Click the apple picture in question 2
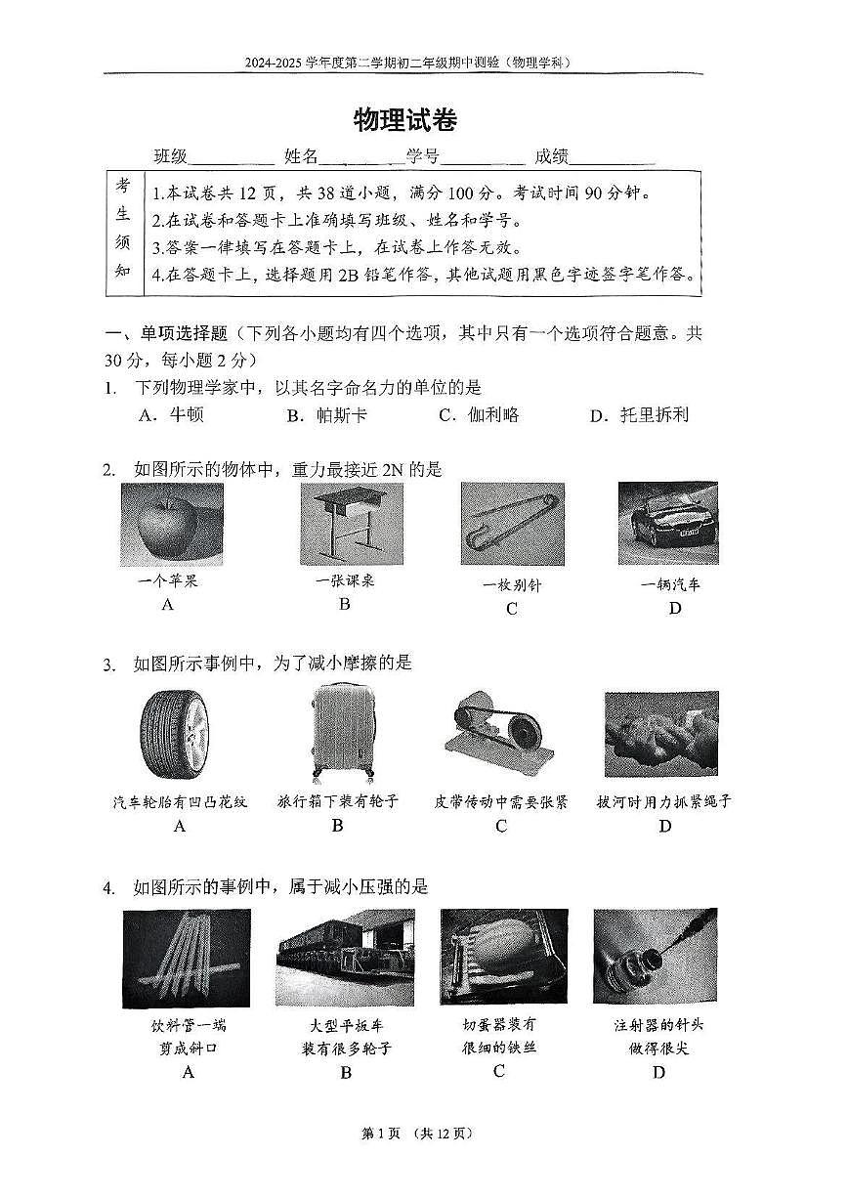(171, 524)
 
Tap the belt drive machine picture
(498, 736)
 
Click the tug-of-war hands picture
(661, 734)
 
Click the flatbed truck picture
(338, 958)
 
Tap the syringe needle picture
(655, 958)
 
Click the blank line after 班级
(233, 157)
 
